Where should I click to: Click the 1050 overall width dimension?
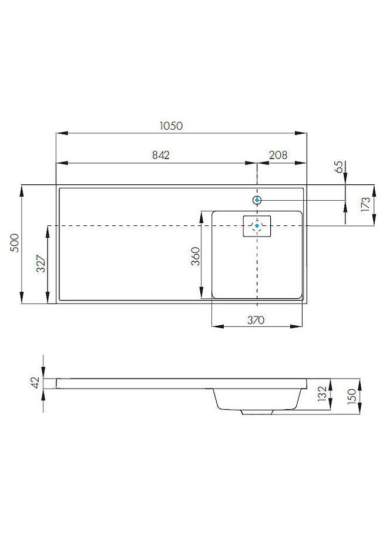click(172, 126)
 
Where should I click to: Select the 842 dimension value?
click(161, 155)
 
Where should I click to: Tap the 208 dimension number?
click(277, 155)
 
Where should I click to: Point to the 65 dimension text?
click(338, 167)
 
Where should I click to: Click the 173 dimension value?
click(365, 204)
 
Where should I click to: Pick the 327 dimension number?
click(41, 265)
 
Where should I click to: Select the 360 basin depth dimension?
click(196, 256)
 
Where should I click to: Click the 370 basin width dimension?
click(256, 320)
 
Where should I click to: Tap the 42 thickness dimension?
click(35, 383)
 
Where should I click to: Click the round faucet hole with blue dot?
click(257, 200)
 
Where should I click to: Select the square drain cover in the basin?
click(257, 226)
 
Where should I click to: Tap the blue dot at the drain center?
click(257, 225)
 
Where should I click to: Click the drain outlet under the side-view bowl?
click(257, 412)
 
